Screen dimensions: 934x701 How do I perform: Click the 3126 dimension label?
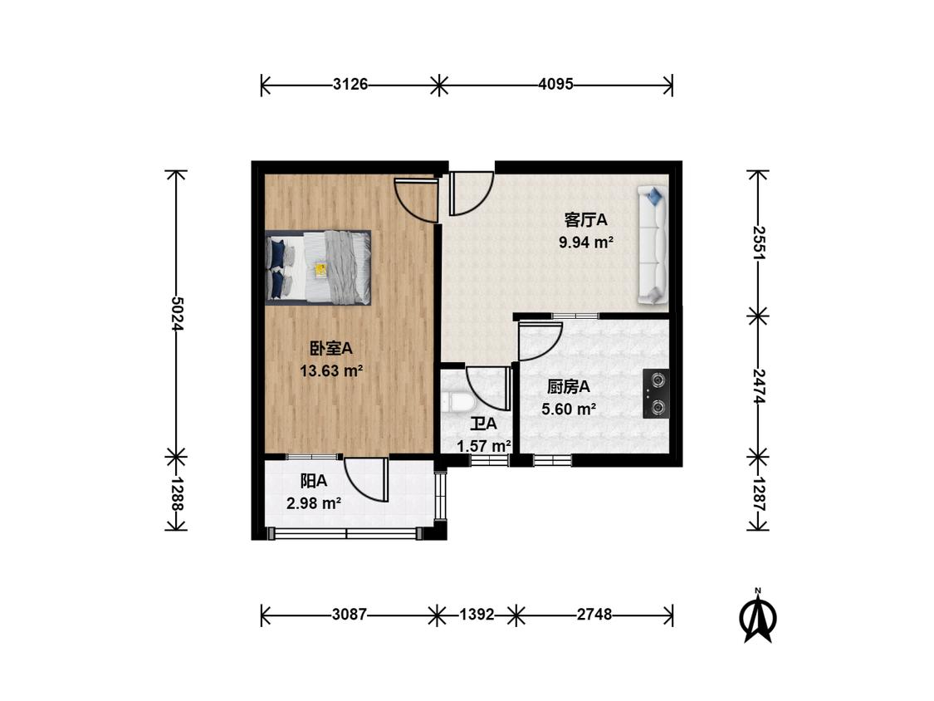point(350,84)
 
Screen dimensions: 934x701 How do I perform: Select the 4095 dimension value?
point(555,84)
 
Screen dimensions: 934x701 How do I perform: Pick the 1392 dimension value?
point(477,614)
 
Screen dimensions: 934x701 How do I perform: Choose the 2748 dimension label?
point(594,614)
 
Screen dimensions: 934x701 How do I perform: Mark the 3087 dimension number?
point(349,614)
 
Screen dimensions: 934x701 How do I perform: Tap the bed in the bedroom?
point(318,267)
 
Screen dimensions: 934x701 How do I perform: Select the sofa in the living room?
point(652,245)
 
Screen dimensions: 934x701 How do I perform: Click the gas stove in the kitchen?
point(655,394)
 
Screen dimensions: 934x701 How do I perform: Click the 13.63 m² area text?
point(332,370)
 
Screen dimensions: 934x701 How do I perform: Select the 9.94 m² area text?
point(586,242)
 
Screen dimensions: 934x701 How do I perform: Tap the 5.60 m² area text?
point(569,409)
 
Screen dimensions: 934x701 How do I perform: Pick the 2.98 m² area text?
point(314,503)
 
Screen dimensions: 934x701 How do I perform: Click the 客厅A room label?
point(586,220)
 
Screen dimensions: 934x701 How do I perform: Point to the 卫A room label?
point(484,424)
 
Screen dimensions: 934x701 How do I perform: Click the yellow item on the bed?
point(320,270)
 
